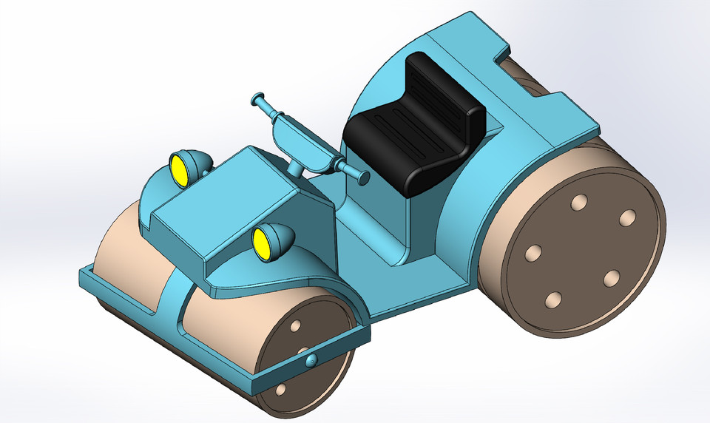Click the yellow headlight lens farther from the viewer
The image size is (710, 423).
180,169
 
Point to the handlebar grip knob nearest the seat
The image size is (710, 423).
363,177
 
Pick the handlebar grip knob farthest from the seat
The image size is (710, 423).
258,98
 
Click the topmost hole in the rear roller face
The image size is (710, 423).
580,202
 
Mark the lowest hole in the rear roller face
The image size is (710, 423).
552,300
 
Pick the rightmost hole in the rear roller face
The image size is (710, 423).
627,217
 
